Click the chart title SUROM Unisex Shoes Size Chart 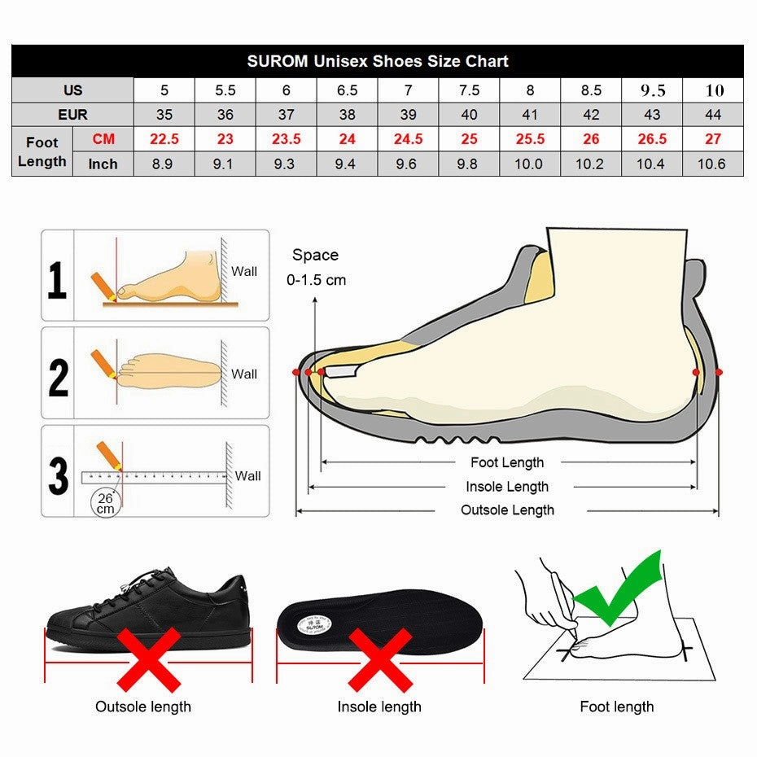[378, 61]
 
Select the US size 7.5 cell [469, 90]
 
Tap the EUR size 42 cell [591, 115]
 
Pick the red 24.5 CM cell [408, 139]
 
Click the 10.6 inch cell [712, 164]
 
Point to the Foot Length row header [42, 151]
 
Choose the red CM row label [103, 139]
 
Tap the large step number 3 [58, 475]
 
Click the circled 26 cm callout [106, 502]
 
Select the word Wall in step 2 [243, 374]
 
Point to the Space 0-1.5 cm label [316, 267]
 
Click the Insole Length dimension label [507, 487]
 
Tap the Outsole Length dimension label [507, 510]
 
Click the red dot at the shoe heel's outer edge [719, 372]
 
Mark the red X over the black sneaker [149, 659]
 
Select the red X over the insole [380, 659]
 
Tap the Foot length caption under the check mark [616, 707]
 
